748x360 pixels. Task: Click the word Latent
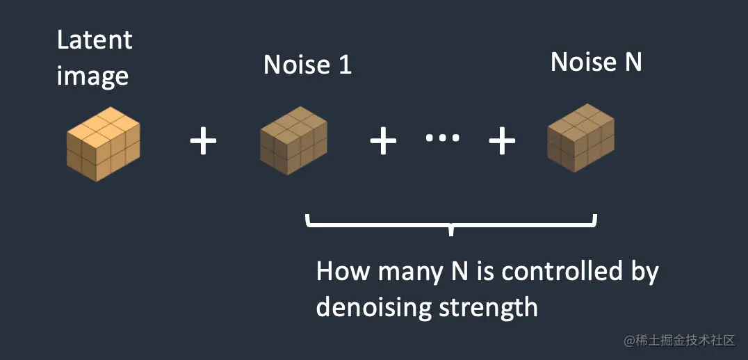94,40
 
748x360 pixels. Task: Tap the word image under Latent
92,75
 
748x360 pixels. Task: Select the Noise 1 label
307,65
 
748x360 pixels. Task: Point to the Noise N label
596,62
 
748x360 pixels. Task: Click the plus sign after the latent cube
203,142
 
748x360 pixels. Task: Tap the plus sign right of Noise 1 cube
382,142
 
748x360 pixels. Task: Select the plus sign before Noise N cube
502,142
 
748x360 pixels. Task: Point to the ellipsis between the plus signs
442,138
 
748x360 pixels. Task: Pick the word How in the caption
344,271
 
